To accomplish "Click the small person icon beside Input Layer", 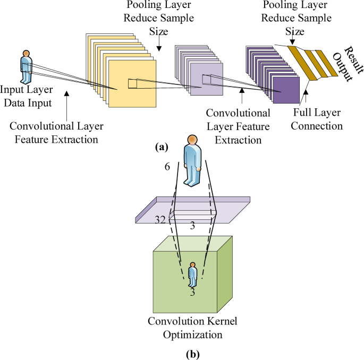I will (26, 66).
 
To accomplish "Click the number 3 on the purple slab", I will (192, 226).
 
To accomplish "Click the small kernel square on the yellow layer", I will (132, 83).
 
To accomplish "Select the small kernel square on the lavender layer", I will (206, 80).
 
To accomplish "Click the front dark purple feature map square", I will (286, 88).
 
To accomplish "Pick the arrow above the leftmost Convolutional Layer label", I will (66, 103).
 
